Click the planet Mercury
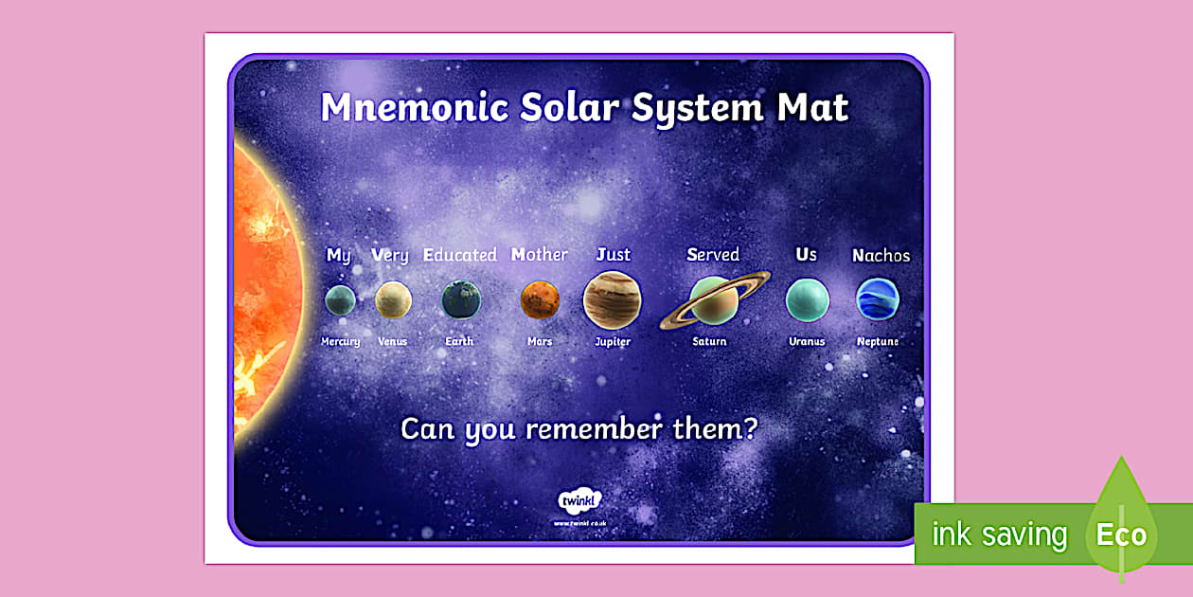click(x=340, y=300)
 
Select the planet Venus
click(x=393, y=299)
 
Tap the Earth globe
click(x=461, y=299)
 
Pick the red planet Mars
click(x=540, y=299)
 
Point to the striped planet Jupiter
click(x=612, y=299)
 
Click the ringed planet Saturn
click(x=711, y=300)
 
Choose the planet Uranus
click(x=807, y=300)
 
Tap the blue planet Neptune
click(x=877, y=299)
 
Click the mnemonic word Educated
click(x=459, y=255)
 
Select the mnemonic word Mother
click(x=539, y=254)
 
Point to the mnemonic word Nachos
click(x=881, y=255)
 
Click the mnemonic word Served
click(x=713, y=254)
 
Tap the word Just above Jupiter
click(x=613, y=254)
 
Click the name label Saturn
click(x=709, y=341)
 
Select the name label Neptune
click(x=878, y=341)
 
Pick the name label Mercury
click(x=340, y=341)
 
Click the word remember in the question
click(x=594, y=428)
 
